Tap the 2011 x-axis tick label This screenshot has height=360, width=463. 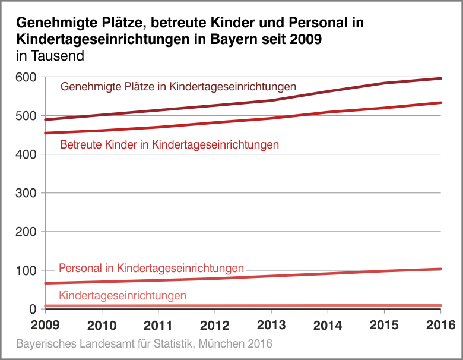(x=158, y=325)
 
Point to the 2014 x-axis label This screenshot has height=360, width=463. (x=327, y=325)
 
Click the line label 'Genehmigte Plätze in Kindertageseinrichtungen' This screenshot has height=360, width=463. (x=178, y=87)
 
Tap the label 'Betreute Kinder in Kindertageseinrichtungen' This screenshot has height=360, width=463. (x=170, y=144)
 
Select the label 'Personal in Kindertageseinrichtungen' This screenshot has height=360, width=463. (x=151, y=269)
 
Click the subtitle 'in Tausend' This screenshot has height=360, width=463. (x=50, y=56)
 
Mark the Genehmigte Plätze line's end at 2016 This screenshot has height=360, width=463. (x=440, y=78)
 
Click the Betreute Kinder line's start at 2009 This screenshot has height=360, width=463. (x=46, y=133)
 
